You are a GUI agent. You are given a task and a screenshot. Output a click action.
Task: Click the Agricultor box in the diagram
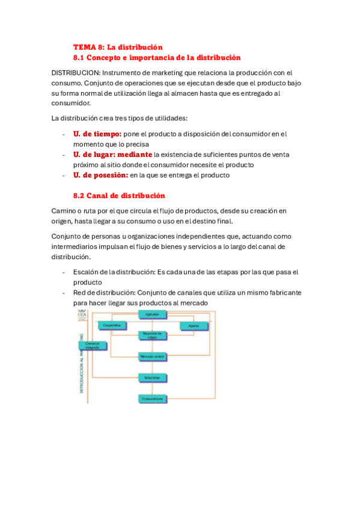point(153,315)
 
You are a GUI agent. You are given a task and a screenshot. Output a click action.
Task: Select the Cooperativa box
point(111,325)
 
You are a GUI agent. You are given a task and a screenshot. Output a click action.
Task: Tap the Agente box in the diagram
point(194,325)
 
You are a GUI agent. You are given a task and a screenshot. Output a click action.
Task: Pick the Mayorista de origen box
point(153,335)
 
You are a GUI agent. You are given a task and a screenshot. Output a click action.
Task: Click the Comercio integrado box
point(92,346)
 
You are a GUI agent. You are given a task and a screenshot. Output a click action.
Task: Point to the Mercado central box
point(153,357)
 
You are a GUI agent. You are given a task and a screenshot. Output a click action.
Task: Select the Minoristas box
point(153,378)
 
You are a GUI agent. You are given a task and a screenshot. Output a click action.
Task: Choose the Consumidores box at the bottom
point(153,398)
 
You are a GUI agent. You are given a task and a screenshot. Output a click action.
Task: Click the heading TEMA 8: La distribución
point(118,47)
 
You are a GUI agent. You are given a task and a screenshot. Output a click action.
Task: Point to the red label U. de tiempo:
point(97,134)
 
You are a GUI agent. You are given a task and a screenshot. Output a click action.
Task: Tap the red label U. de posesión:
point(100,175)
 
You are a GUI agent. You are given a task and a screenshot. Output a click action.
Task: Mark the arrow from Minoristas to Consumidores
point(153,388)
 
